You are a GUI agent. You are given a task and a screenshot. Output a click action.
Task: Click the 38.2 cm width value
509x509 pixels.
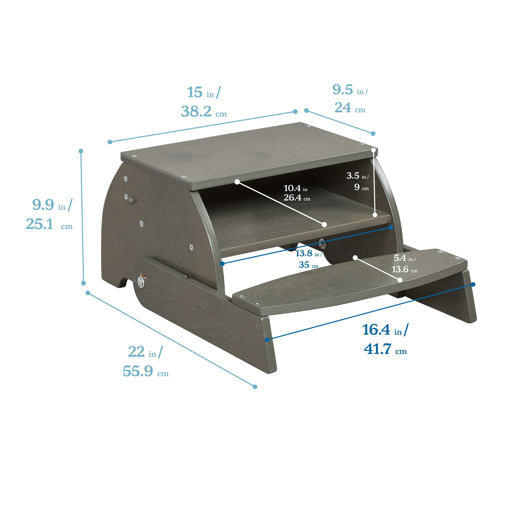(203, 112)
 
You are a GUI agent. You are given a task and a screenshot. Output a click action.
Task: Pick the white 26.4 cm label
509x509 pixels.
(297, 198)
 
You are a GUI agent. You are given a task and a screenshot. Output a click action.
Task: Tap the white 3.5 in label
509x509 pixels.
(357, 176)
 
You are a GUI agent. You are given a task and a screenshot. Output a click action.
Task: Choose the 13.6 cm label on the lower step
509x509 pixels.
(404, 269)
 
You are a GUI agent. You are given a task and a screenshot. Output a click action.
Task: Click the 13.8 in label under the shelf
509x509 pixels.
(308, 253)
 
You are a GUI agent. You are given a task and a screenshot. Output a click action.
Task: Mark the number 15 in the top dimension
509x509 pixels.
(195, 93)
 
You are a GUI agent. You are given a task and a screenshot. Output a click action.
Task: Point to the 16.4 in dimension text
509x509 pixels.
(385, 330)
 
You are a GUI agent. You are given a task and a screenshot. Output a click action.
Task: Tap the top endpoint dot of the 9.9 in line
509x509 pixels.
(81, 151)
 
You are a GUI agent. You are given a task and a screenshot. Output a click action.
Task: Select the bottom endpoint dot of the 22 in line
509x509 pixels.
(255, 387)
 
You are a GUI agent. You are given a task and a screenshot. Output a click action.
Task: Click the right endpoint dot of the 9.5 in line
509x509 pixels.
(373, 134)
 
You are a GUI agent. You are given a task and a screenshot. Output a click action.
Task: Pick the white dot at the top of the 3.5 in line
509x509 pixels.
(373, 150)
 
